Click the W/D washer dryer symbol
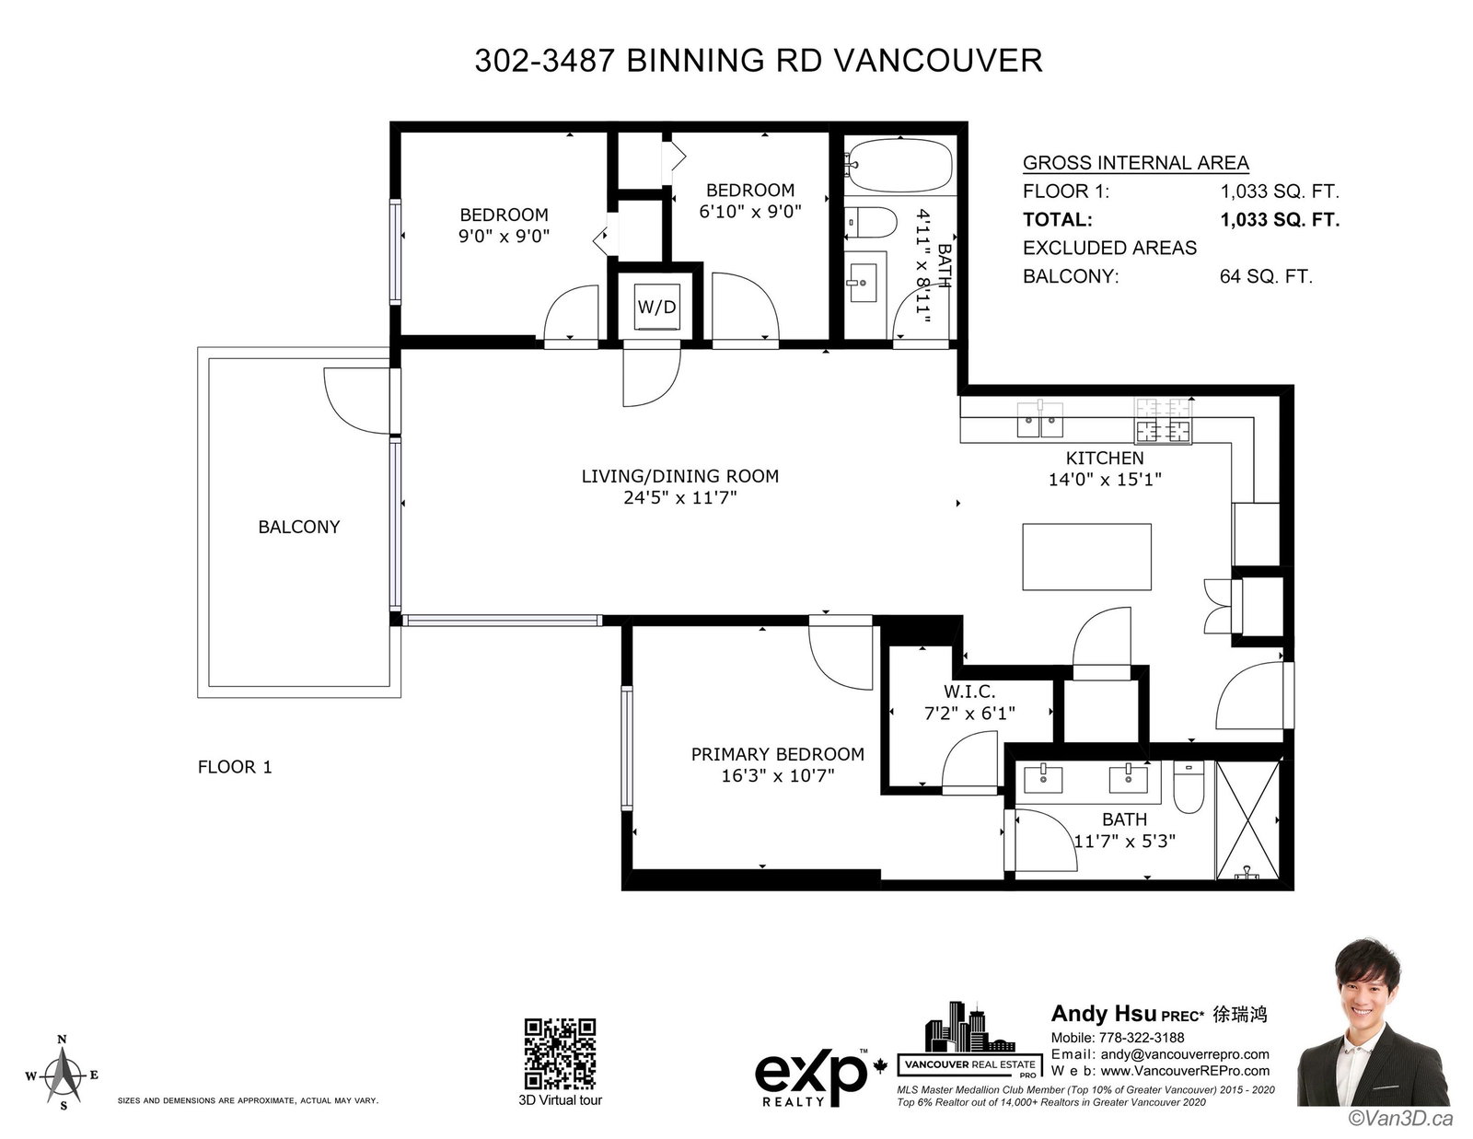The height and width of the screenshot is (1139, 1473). [656, 308]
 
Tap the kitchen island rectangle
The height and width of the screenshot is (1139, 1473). [1086, 556]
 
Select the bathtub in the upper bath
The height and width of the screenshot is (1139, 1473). [900, 165]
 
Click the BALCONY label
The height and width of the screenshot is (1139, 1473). [299, 527]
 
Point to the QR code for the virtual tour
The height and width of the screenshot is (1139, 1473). [560, 1053]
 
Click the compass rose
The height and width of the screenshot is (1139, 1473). [63, 1074]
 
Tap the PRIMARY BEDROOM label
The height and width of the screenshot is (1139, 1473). [778, 754]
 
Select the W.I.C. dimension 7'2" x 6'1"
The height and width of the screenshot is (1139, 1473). [969, 714]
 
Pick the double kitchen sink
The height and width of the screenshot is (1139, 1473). [1039, 421]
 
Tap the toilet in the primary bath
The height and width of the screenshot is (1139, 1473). [1189, 787]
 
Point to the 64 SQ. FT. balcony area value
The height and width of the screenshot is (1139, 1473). [1266, 276]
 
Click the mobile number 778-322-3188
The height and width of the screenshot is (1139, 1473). [1142, 1038]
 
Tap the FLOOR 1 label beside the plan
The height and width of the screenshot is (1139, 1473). [235, 767]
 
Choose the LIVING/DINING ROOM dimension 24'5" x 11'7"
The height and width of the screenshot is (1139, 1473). [680, 497]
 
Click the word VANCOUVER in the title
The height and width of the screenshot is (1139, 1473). [937, 61]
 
